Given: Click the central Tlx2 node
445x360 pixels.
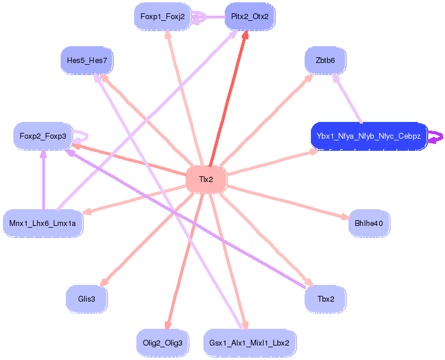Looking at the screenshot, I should [206, 179].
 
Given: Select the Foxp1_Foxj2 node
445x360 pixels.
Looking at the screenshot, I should [162, 17].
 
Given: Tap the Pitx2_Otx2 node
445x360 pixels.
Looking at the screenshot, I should [250, 17].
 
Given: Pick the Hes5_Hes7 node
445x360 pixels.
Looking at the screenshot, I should [87, 60].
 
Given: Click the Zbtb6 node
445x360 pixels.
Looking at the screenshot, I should [325, 60].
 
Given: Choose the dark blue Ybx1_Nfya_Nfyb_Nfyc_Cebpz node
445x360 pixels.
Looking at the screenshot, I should [369, 136].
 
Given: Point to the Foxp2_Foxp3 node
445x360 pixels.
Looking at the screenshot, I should [43, 136].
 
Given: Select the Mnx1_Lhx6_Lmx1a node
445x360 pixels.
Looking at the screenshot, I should [43, 222].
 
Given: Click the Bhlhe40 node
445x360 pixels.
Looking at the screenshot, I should [369, 222].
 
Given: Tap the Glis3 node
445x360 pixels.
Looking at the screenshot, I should [87, 299].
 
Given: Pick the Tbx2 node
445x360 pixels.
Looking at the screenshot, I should [325, 299].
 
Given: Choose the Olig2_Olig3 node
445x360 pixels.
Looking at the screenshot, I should [162, 343].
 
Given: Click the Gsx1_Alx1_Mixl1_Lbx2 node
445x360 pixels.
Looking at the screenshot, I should [250, 343].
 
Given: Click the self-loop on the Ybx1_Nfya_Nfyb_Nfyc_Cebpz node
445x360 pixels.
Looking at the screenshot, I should [437, 137].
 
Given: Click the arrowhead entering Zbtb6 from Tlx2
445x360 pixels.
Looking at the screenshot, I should [309, 77].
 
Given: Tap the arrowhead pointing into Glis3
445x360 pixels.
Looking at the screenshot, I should [104, 281].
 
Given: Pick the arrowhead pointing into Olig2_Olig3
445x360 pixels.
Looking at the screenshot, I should [168, 325].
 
